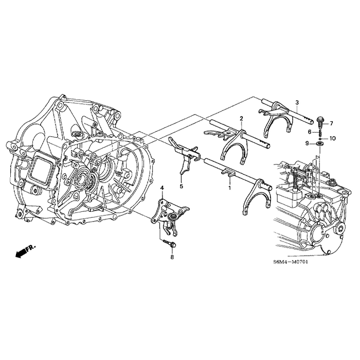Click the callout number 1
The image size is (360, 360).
(x=229, y=188)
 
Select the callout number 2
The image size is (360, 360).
(x=241, y=119)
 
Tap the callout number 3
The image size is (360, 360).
(x=297, y=103)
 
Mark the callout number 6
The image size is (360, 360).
(x=310, y=132)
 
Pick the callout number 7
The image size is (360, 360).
(x=331, y=123)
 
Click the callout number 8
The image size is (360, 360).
(x=172, y=256)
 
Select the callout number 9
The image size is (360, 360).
(x=308, y=144)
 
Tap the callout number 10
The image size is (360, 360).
(x=332, y=138)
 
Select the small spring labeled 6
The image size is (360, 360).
(x=319, y=132)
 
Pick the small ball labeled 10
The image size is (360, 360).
(x=319, y=138)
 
